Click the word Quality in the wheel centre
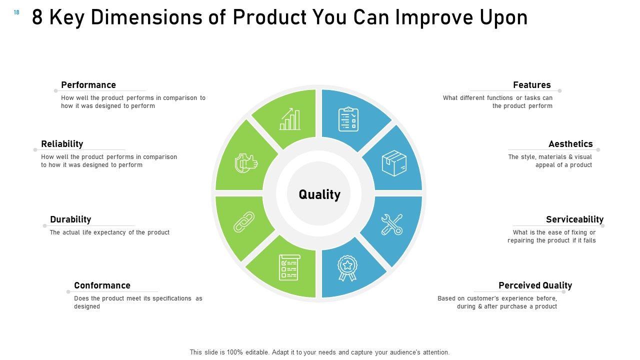pos(319,195)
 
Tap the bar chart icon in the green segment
pos(289,119)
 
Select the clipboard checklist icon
pos(348,119)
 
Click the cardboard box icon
pos(394,163)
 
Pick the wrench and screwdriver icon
pos(392,224)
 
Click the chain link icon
pos(244,222)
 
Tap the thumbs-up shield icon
pos(246,163)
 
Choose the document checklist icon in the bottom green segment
pos(289,267)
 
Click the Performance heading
pos(88,85)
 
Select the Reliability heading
pos(62,143)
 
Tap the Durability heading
pos(70,219)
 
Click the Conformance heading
pos(102,285)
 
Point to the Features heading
pos(531,85)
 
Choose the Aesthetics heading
pos(570,143)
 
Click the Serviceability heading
pos(575,219)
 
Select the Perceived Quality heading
pos(535,285)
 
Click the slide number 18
pos(16,12)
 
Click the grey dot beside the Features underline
pos(559,91)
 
